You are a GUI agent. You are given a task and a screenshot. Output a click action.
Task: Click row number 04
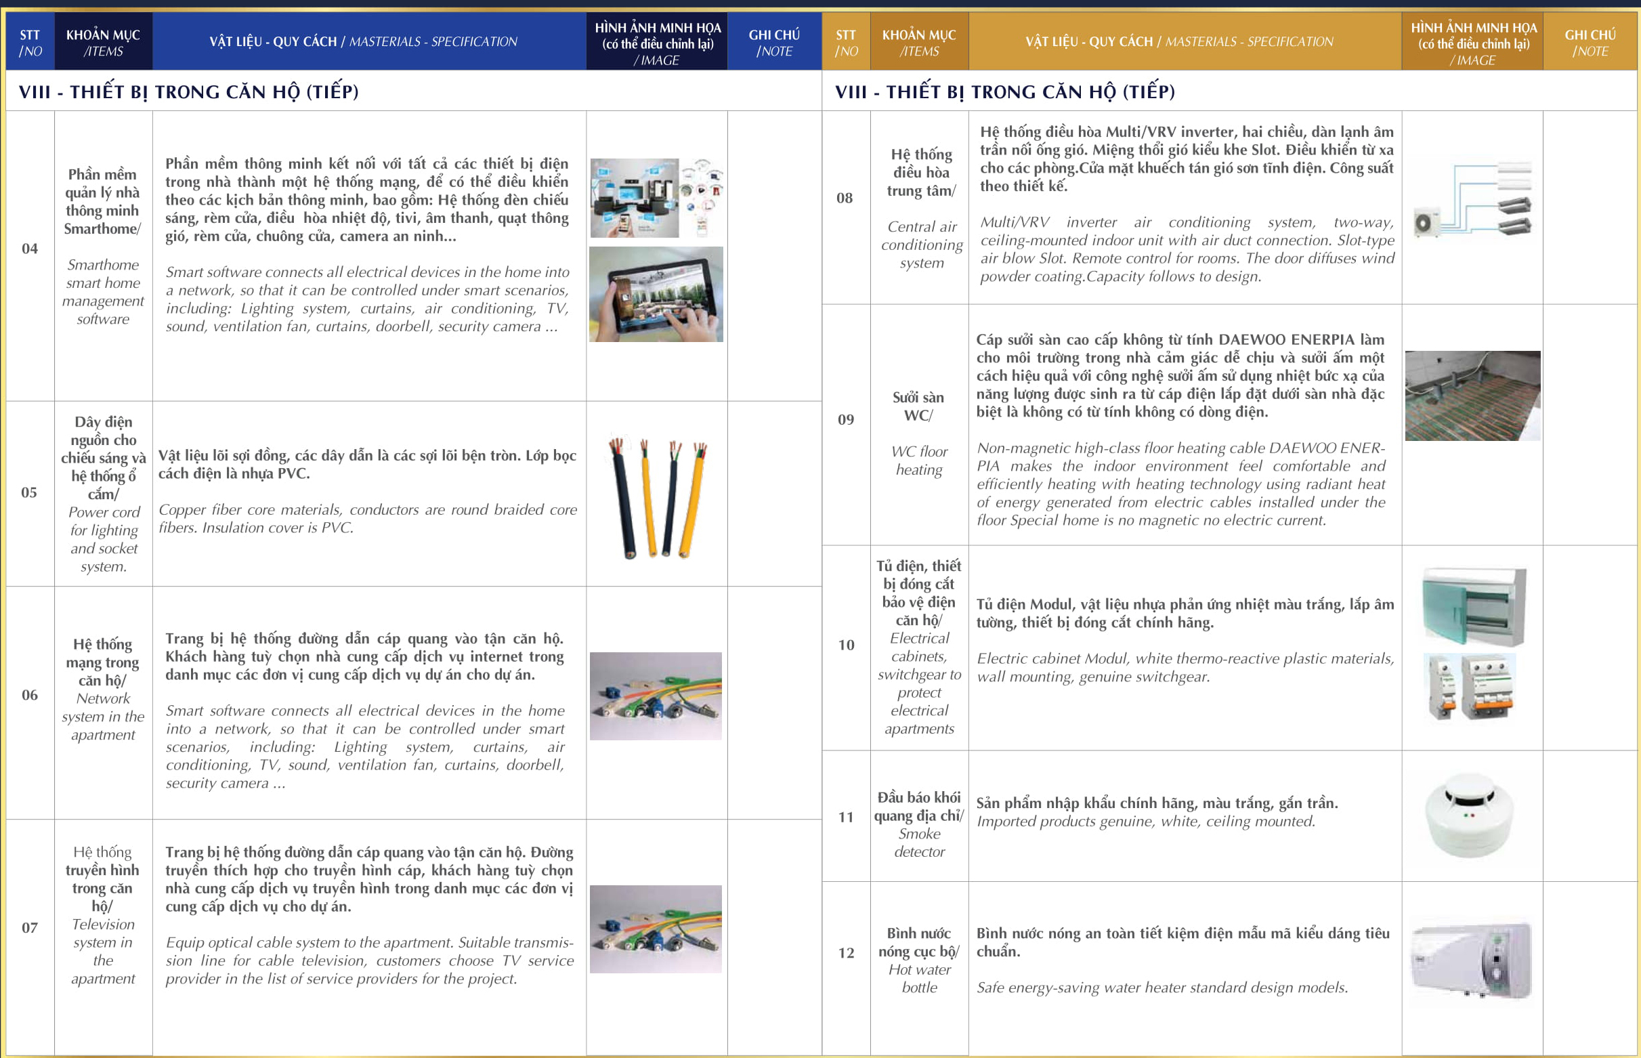[x=30, y=249]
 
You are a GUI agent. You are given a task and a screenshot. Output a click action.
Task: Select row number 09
[x=846, y=420]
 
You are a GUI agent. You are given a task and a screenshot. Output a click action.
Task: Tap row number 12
[x=846, y=953]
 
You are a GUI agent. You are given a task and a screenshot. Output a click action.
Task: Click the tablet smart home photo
[x=656, y=295]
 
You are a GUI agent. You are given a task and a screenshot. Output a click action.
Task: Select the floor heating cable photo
[x=1472, y=396]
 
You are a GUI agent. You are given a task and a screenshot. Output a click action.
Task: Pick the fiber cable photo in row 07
[x=656, y=929]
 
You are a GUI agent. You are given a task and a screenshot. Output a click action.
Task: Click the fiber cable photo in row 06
[x=656, y=696]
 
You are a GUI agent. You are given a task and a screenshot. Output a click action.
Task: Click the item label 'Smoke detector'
[x=919, y=843]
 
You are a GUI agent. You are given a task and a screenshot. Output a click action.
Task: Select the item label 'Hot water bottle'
[x=919, y=978]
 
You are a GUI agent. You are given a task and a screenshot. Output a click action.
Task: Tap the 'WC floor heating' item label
[x=919, y=461]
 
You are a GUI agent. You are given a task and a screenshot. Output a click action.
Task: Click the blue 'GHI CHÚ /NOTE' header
[x=773, y=43]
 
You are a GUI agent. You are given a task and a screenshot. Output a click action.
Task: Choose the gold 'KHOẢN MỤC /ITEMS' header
[x=919, y=43]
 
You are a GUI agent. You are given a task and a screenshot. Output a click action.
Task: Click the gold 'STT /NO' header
[x=846, y=43]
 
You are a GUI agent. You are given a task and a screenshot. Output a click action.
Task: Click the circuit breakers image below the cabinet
[x=1470, y=687]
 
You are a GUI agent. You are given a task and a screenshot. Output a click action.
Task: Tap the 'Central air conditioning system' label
[x=922, y=245]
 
